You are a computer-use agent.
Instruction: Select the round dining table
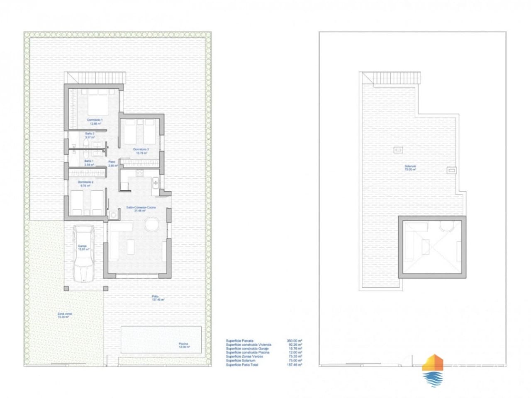151,225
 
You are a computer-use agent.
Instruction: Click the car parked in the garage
84,253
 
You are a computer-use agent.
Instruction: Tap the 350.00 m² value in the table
294,341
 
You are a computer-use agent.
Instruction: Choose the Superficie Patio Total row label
242,365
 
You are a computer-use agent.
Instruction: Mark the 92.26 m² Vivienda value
294,345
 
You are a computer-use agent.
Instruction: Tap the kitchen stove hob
140,173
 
